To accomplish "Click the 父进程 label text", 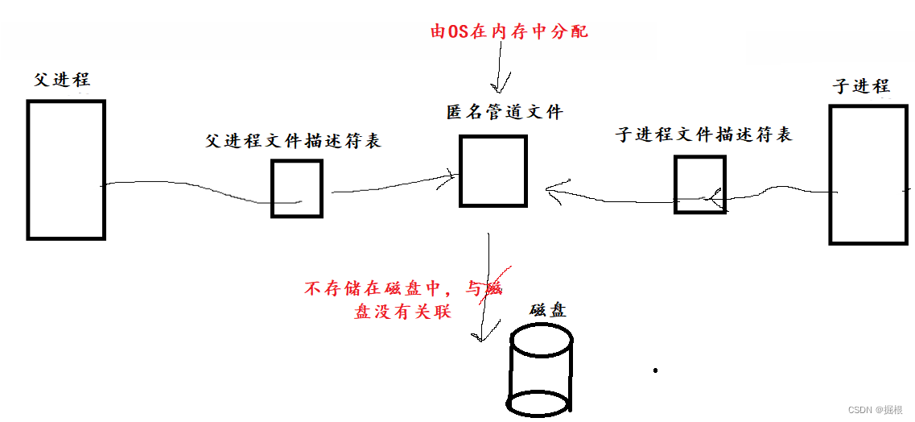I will pos(62,80).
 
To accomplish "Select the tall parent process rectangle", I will pos(66,170).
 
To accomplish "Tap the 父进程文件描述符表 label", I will pos(293,141).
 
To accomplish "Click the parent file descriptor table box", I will pos(297,188).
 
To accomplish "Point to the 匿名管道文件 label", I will pos(505,112).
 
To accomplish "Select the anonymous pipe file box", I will pos(493,171).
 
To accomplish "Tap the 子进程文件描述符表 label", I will pos(704,134).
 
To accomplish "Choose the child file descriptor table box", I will pos(699,184).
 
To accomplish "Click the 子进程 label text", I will pos(861,86).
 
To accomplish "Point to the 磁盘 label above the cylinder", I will pos(548,309).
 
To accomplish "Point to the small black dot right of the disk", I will pos(656,370).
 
